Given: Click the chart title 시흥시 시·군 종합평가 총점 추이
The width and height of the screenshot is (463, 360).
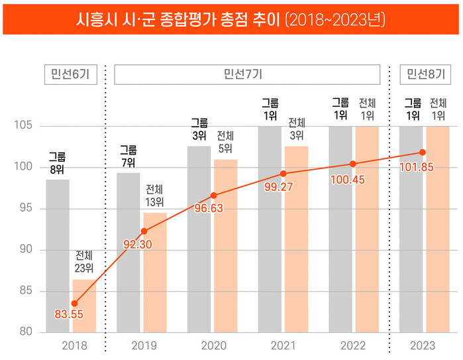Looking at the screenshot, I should click(231, 19).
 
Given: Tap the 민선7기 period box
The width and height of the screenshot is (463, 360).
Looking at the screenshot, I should click(247, 74).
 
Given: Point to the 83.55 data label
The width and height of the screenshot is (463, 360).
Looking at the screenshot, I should click(69, 314).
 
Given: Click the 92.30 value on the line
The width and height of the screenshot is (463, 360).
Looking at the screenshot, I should click(139, 245).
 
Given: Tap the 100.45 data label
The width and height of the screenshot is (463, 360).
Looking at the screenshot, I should click(348, 180).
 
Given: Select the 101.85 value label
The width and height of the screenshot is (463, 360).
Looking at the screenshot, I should click(417, 167).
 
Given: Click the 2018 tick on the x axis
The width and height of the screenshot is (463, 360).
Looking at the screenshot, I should click(74, 345).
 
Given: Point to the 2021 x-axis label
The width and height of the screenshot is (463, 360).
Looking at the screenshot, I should click(283, 345).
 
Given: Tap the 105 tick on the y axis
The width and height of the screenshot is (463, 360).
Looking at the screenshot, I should click(25, 126).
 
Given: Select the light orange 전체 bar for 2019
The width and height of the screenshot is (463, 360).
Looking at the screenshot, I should click(155, 272).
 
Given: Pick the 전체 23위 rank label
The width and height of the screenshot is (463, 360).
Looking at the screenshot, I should click(84, 261).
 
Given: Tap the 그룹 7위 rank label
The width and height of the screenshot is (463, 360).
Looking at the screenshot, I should click(128, 156).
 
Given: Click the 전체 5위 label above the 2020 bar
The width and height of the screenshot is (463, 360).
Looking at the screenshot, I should click(225, 141).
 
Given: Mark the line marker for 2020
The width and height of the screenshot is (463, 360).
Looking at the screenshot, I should click(213, 196).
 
